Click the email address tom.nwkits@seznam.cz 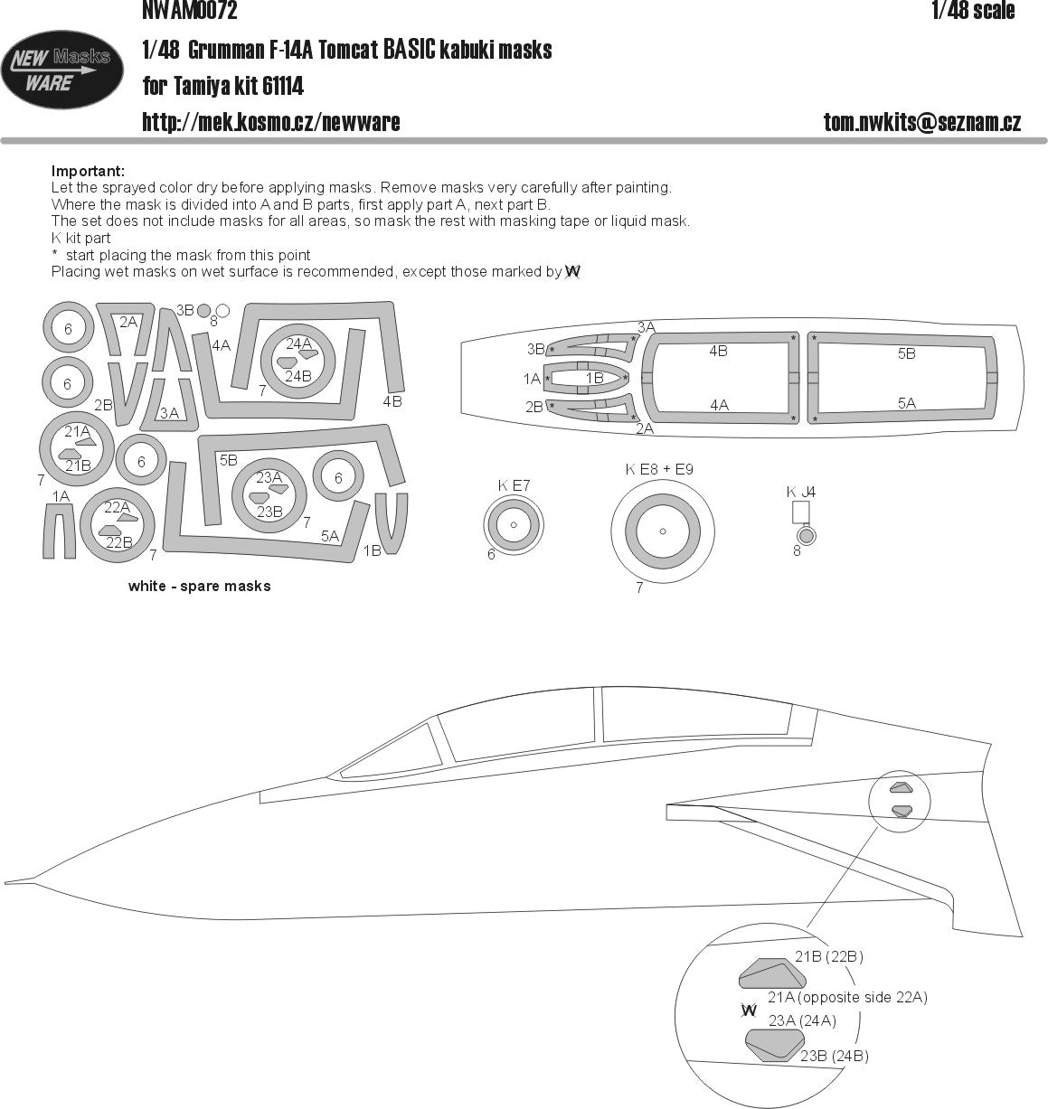[x=921, y=123]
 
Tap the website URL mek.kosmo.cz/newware [x=271, y=122]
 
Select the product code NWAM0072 [x=190, y=11]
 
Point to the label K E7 [x=514, y=485]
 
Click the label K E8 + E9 [x=659, y=469]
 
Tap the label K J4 [x=800, y=492]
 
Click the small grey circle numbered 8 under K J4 [x=807, y=536]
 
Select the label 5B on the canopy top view [x=906, y=354]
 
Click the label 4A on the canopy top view [x=719, y=406]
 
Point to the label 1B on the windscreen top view [x=594, y=379]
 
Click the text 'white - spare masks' [x=199, y=586]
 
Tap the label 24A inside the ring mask [x=298, y=343]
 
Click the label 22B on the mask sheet [x=119, y=542]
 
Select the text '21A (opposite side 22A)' [x=847, y=997]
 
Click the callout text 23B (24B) [x=834, y=1055]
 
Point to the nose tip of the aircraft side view [x=7, y=880]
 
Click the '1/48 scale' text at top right [x=972, y=11]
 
